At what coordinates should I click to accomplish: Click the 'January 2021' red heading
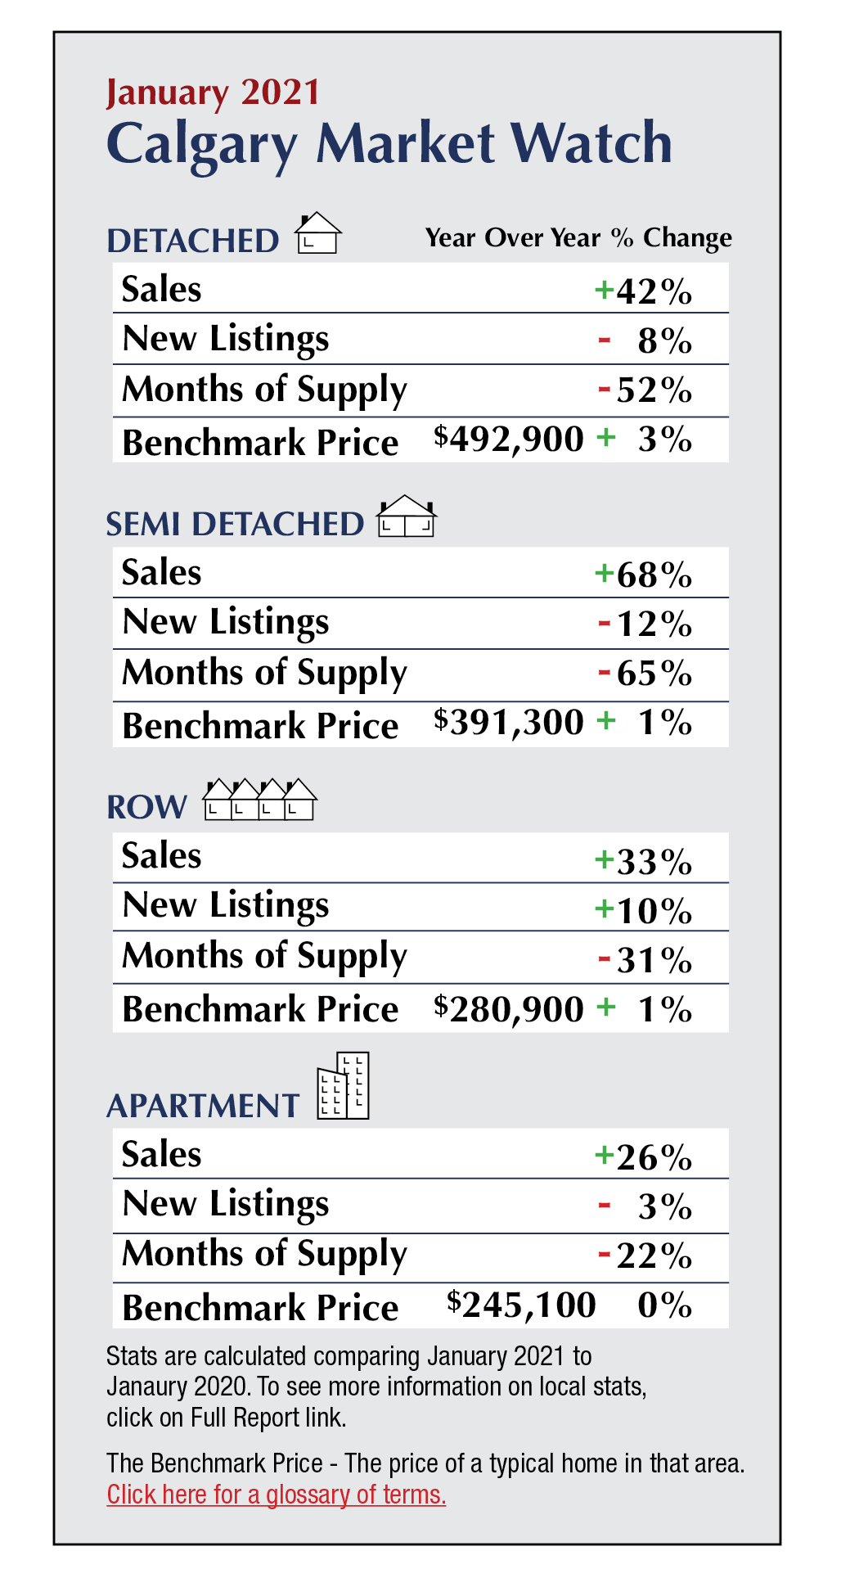[213, 92]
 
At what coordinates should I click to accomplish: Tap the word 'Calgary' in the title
[202, 144]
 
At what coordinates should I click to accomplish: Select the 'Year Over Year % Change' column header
[578, 238]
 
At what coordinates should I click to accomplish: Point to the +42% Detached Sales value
[644, 291]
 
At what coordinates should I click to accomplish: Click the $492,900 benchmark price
[509, 440]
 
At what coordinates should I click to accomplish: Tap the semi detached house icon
[407, 517]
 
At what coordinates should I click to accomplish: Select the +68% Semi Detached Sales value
[644, 575]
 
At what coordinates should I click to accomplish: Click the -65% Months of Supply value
[645, 674]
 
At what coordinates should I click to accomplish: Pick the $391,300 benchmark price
[509, 723]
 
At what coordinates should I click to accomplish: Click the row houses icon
[259, 800]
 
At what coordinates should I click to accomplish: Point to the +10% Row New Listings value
[644, 910]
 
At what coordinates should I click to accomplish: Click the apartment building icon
[344, 1086]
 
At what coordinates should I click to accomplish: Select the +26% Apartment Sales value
[644, 1157]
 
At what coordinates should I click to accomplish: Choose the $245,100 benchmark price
[521, 1305]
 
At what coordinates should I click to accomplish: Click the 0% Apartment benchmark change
[664, 1305]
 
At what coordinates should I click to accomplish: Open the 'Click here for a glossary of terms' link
[277, 1495]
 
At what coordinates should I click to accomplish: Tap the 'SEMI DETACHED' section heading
[236, 525]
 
